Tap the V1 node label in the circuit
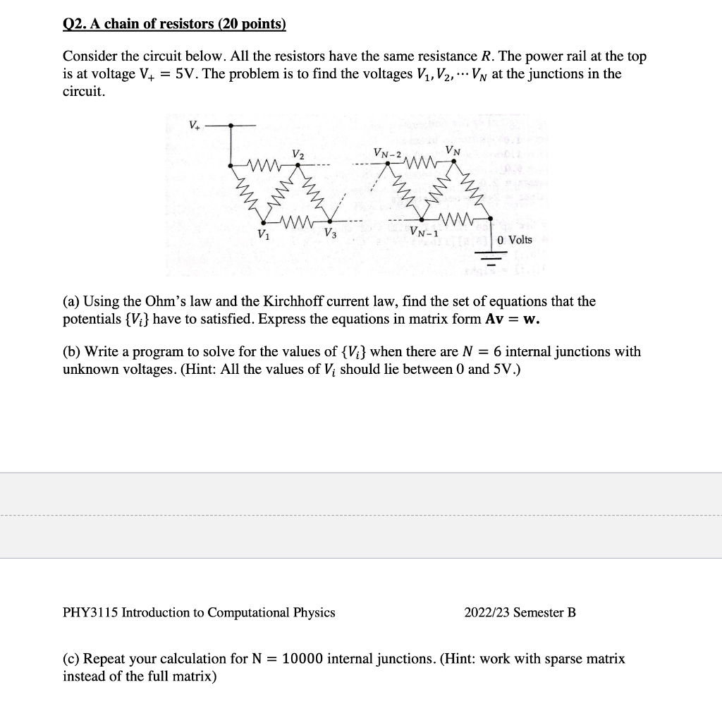pyautogui.click(x=263, y=234)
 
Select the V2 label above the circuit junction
pyautogui.click(x=298, y=154)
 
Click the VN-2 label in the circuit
pyautogui.click(x=388, y=154)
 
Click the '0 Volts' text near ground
pyautogui.click(x=515, y=240)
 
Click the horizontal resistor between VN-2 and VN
pyautogui.click(x=422, y=166)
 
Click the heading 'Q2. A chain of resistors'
pyautogui.click(x=175, y=25)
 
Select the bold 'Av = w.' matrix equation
pyautogui.click(x=513, y=319)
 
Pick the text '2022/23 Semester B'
pyautogui.click(x=520, y=612)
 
